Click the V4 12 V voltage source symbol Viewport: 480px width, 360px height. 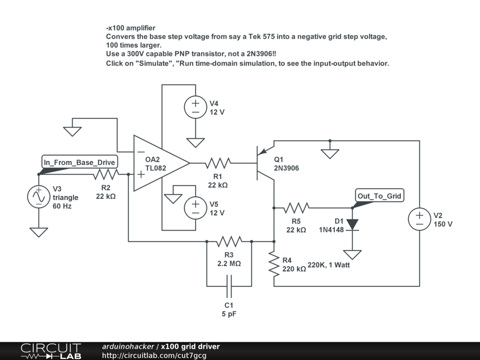coord(195,107)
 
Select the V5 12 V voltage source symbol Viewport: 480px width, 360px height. coord(195,208)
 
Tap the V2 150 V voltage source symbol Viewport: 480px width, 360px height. coord(420,219)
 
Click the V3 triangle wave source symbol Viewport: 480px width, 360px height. coord(39,197)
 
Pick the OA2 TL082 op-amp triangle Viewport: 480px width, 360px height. coord(161,163)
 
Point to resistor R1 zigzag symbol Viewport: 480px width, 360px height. coord(218,163)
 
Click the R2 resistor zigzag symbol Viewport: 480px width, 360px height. coord(106,174)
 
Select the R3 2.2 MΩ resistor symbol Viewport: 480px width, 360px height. coord(229,241)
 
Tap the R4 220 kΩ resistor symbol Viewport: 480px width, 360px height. coord(274,264)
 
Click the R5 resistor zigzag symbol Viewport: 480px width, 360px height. coord(296,208)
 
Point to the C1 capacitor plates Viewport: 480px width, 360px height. coord(229,286)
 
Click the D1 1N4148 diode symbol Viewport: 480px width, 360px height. coord(352,225)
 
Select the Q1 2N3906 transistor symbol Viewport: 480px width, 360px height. coord(265,163)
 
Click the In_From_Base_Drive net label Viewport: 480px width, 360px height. coord(80,162)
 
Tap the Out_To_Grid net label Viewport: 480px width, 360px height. coord(379,196)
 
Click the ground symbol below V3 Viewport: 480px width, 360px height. coord(39,232)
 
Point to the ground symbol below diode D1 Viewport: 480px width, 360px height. coord(352,255)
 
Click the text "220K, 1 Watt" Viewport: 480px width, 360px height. coord(329,265)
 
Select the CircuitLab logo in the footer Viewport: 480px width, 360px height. coord(51,351)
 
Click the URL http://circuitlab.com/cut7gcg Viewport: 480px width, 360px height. coord(154,355)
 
